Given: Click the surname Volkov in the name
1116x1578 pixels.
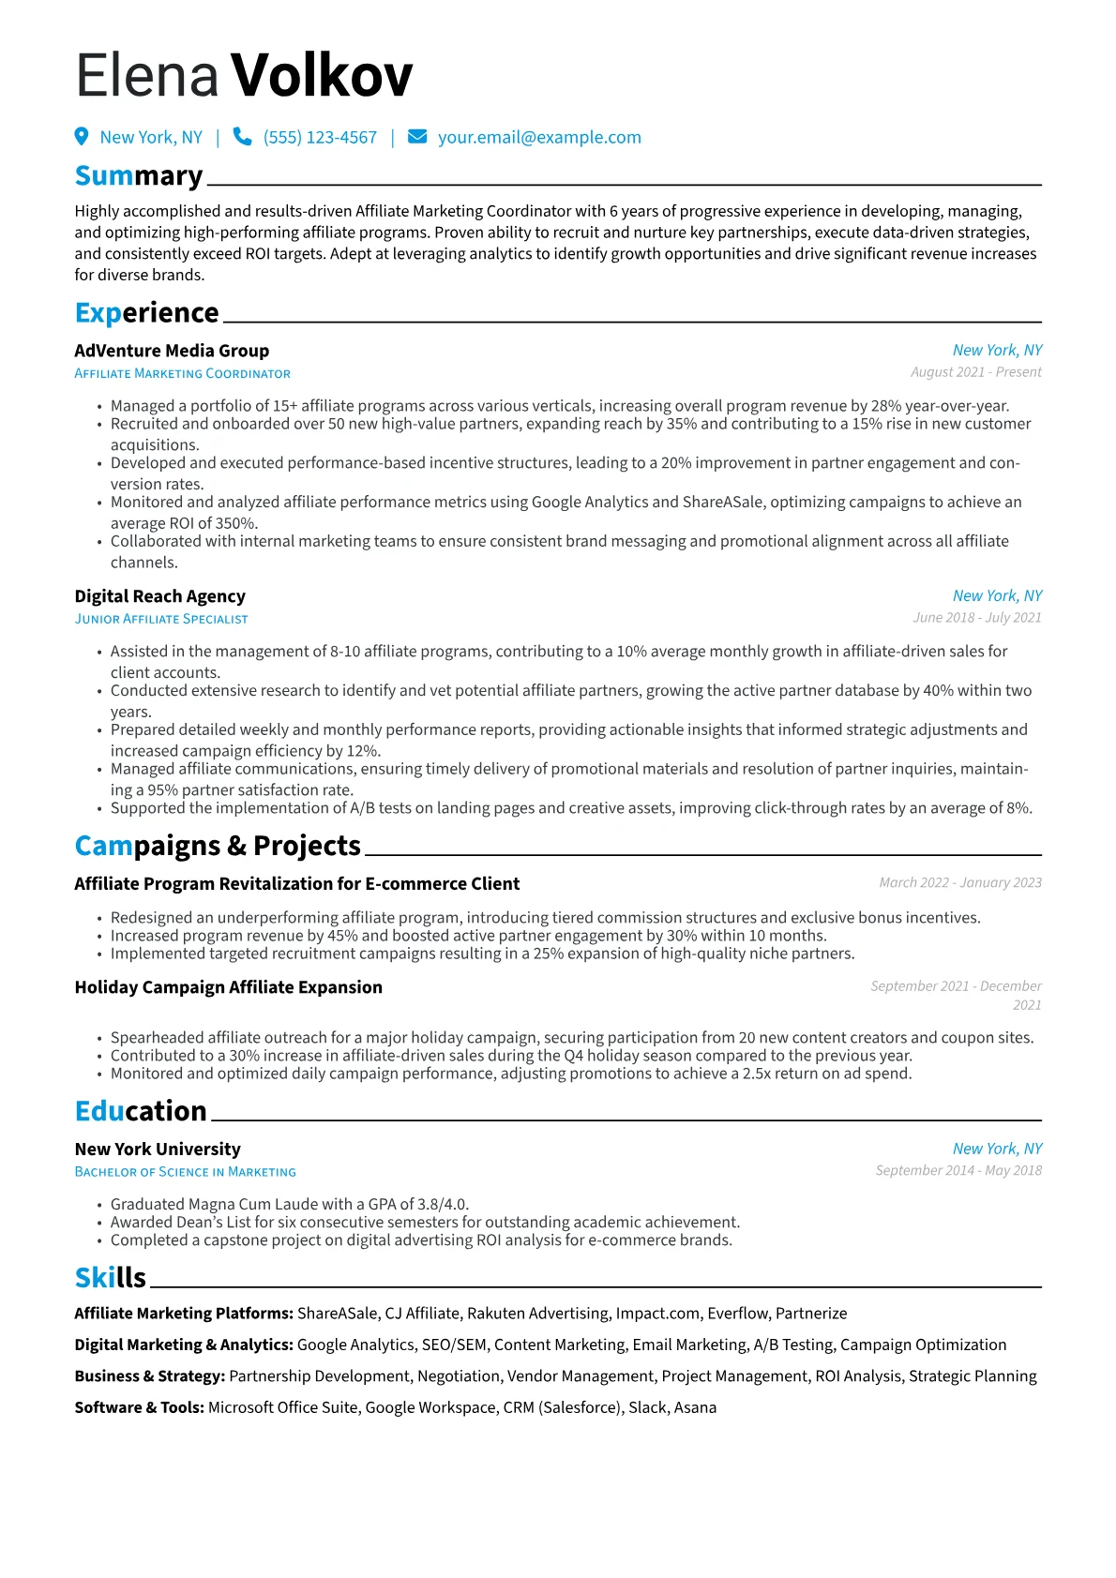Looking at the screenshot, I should pos(321,76).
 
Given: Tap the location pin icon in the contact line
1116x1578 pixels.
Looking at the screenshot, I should pos(82,137).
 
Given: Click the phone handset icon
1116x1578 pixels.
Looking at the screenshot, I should pos(242,137).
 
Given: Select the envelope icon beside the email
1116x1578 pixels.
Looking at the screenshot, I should pos(417,137).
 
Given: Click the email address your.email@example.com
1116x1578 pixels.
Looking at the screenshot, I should pos(539,138).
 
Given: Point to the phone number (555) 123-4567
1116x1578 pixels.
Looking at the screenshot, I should pos(320,138).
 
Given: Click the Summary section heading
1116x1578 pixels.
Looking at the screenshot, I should pos(139,176).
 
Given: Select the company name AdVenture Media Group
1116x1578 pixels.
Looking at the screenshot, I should pos(172,351).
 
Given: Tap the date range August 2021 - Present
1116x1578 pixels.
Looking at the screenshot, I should pos(975,372).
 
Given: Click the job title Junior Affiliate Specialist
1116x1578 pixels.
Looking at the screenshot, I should pos(161,619).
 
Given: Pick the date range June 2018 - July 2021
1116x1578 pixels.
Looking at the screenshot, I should pos(977,618).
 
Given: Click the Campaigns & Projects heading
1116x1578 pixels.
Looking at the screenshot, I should pos(218,846).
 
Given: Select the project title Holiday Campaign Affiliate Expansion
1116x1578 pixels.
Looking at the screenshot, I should pos(228,987).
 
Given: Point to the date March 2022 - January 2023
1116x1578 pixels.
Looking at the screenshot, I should pos(960,883).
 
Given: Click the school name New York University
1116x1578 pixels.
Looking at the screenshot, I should pos(158,1150).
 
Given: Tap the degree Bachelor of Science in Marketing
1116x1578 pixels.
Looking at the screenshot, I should pos(185,1172).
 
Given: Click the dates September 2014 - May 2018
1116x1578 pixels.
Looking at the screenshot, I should pos(958,1171).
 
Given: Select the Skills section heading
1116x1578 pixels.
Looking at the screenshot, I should pos(111,1278).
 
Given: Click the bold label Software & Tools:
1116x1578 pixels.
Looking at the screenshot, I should pos(139,1407).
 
